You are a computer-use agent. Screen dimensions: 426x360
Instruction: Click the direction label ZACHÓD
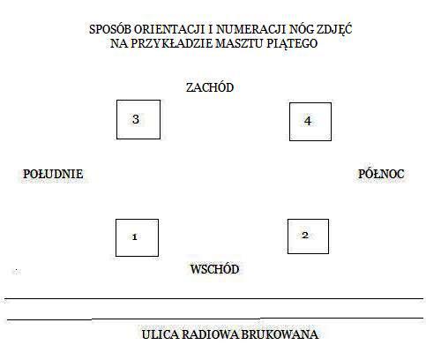click(210, 87)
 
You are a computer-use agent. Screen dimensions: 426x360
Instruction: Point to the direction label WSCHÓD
click(214, 269)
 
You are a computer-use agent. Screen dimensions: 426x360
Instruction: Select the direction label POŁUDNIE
click(53, 174)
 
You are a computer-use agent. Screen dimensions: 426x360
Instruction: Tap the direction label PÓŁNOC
click(381, 174)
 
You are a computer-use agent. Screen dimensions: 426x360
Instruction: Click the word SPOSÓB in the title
click(110, 29)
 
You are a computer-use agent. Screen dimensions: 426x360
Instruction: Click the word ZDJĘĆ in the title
click(334, 29)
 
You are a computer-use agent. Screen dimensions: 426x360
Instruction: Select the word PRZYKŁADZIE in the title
click(171, 43)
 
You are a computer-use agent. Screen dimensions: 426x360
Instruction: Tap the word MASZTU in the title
click(240, 43)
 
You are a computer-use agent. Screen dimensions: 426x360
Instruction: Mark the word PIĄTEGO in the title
click(292, 44)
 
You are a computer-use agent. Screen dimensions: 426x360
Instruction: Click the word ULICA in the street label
click(161, 334)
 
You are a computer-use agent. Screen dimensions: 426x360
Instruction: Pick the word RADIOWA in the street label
click(210, 334)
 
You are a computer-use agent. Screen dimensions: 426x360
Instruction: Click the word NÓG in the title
click(301, 29)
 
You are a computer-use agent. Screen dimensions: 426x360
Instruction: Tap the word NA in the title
click(119, 43)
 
